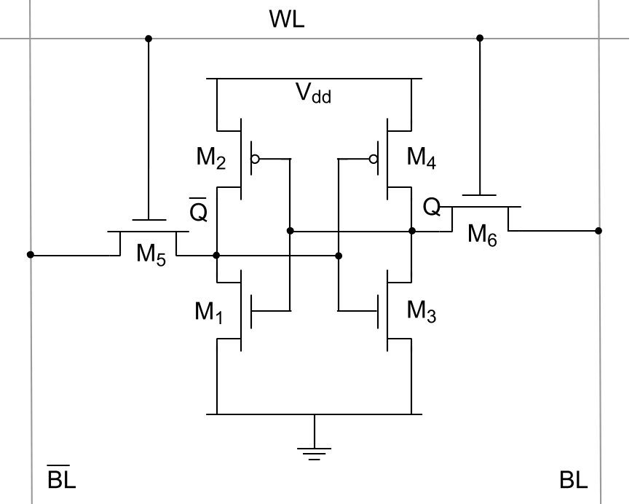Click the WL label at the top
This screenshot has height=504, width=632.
287,20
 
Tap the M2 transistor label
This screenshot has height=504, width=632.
210,158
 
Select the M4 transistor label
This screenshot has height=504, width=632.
421,158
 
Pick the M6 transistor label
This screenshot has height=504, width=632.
482,235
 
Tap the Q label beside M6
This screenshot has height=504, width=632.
432,208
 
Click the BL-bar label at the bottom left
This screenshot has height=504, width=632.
61,480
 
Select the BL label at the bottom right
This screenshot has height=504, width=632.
574,480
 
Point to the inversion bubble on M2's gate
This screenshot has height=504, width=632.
255,158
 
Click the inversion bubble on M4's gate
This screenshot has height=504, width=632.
374,158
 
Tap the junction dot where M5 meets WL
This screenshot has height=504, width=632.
149,38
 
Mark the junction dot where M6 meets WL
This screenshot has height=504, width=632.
479,38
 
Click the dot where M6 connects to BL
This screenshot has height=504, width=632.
599,231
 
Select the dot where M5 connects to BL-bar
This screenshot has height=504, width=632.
31,255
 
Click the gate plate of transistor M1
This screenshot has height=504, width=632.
252,311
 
